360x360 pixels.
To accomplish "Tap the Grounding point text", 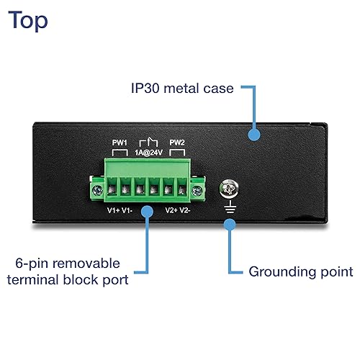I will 300,272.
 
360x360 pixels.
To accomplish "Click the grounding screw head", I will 229,189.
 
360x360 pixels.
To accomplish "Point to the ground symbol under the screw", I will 229,206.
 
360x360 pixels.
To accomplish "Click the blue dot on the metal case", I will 253,134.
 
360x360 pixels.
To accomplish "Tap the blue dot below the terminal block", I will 148,211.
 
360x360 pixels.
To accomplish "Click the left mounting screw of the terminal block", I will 95,191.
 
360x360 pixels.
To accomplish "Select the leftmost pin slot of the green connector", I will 112,190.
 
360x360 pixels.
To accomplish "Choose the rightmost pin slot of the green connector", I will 185,190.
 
